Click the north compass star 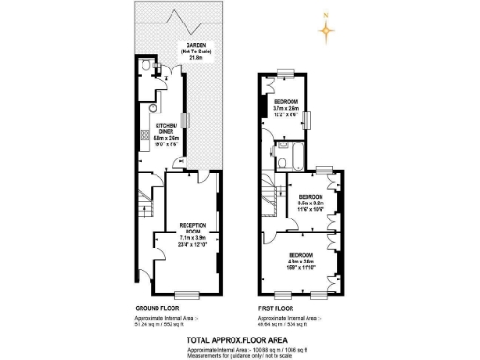tap(326, 32)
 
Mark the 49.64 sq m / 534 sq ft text tap(281, 323)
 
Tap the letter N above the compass tap(326, 15)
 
